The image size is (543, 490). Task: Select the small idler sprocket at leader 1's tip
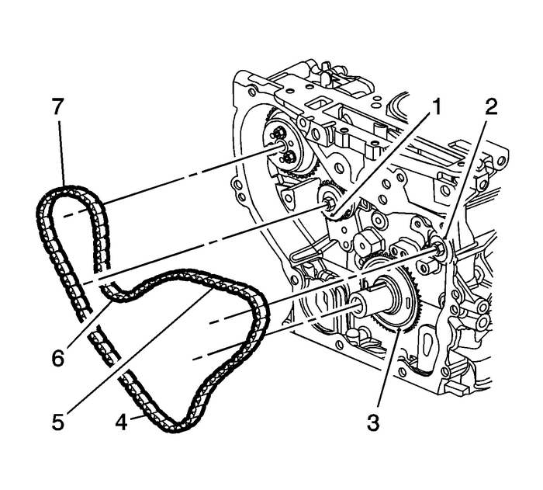(328, 204)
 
